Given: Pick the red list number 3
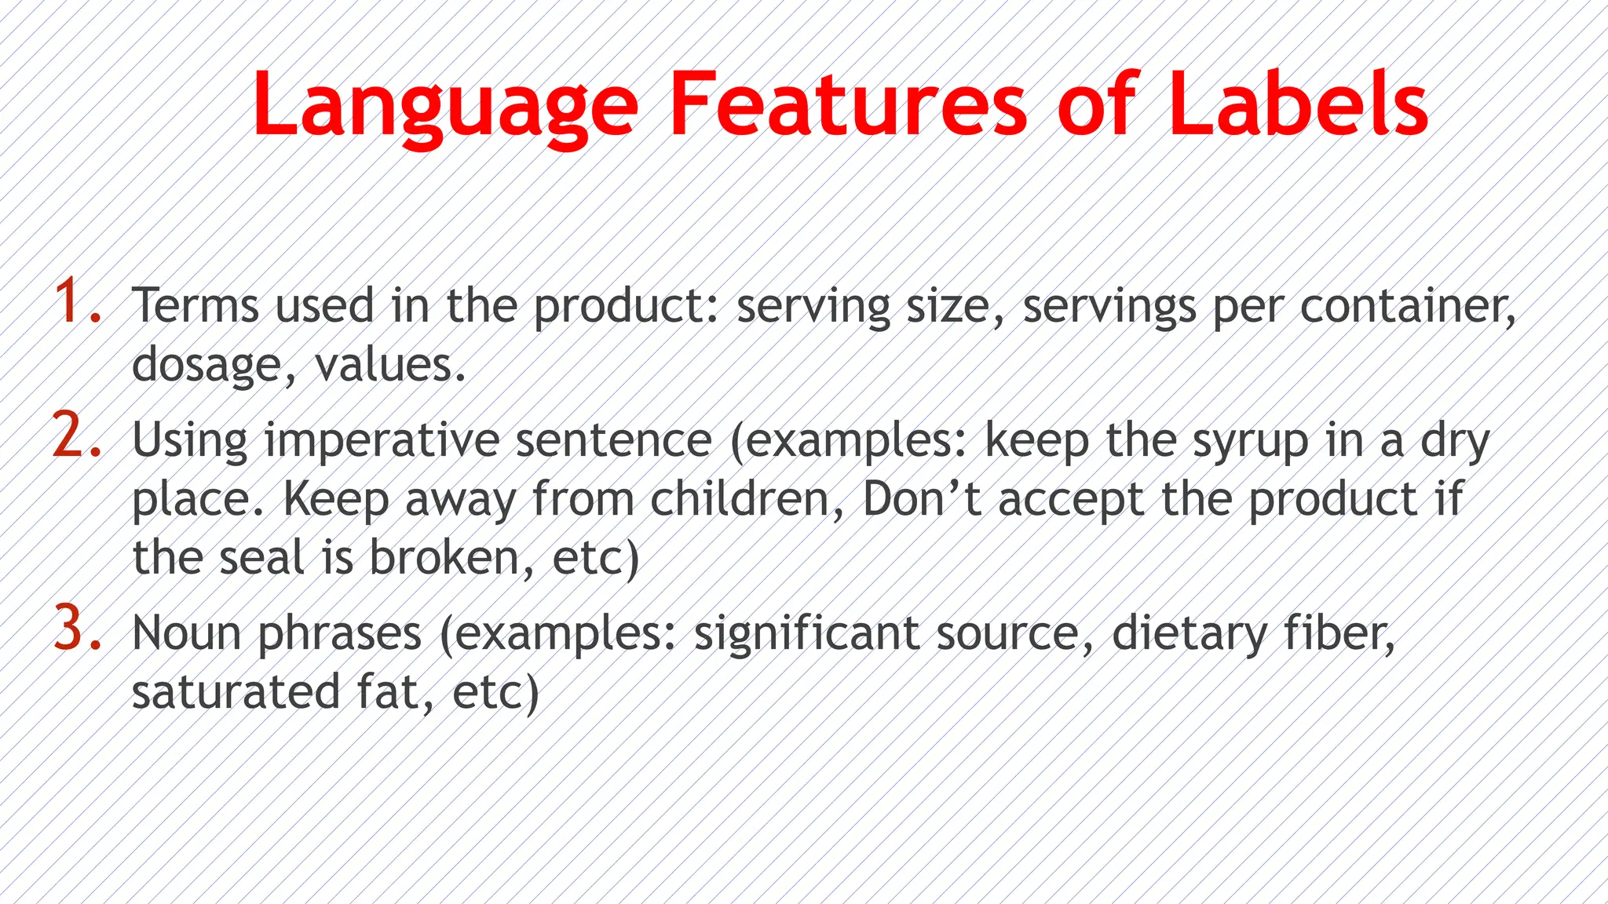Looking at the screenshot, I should [x=77, y=629].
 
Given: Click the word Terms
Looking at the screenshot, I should [x=195, y=305].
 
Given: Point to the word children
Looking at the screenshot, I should [x=746, y=499].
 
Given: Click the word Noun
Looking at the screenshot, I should [x=186, y=633].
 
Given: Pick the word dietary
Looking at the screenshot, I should [x=1189, y=633].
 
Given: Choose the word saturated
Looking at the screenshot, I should [x=236, y=692].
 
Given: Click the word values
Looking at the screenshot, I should [x=390, y=366].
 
